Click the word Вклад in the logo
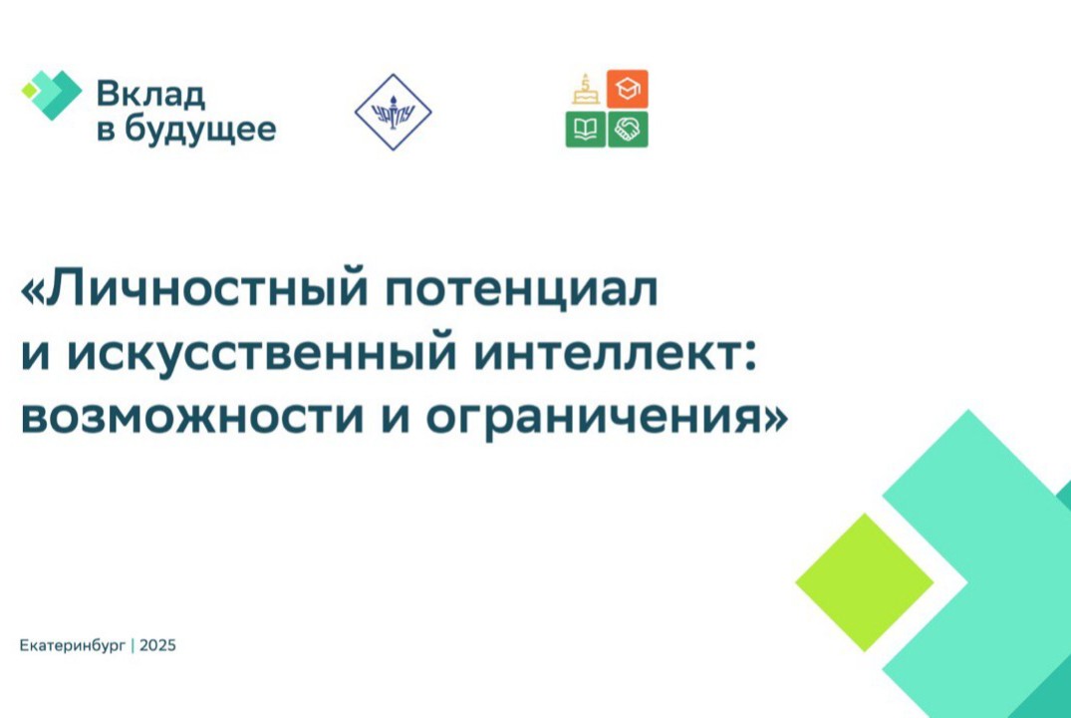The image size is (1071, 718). (150, 94)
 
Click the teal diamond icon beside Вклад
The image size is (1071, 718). (52, 95)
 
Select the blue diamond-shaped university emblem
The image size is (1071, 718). (393, 112)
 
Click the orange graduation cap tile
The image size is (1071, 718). (628, 90)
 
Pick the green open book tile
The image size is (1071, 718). (585, 130)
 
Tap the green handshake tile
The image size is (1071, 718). (628, 130)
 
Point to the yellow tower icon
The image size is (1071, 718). (585, 90)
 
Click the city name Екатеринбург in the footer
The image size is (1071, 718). (73, 646)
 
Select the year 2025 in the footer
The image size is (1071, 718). (157, 646)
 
